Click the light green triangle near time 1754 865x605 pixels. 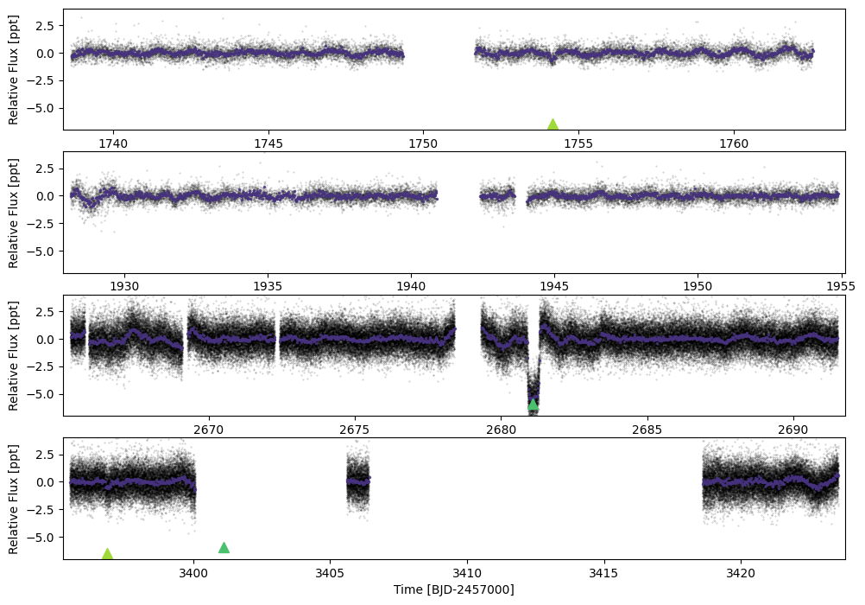[552, 124]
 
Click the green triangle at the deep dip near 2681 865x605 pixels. [533, 404]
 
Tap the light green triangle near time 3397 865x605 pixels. [108, 554]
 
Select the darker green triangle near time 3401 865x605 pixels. [224, 548]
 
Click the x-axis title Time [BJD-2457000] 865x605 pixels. [453, 589]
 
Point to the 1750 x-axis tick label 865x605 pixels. [423, 143]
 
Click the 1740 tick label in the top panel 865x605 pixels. [113, 143]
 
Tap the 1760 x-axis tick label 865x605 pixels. [734, 143]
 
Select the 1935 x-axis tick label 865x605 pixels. [268, 286]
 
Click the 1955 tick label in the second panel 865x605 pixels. [841, 286]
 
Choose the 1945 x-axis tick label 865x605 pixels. [554, 286]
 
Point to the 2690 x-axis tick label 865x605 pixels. [793, 430]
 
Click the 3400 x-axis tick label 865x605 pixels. [193, 572]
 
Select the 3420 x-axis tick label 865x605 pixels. [741, 572]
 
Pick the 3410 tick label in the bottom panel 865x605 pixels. [467, 572]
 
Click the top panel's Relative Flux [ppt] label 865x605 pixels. [13, 70]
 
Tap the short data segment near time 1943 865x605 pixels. [497, 195]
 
